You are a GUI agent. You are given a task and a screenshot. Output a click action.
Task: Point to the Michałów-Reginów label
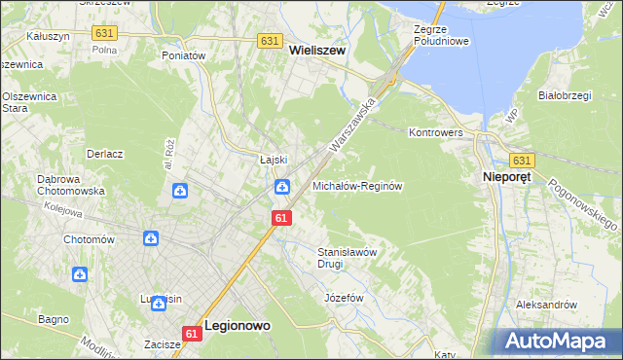click(x=357, y=185)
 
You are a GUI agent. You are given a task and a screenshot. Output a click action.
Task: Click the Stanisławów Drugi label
click(x=348, y=257)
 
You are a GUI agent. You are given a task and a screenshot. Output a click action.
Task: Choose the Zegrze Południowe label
click(x=441, y=36)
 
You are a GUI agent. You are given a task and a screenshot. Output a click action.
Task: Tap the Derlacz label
click(x=104, y=154)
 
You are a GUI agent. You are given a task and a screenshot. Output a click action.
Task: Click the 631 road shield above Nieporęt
click(x=521, y=160)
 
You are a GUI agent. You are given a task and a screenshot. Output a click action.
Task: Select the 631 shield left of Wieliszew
click(x=271, y=41)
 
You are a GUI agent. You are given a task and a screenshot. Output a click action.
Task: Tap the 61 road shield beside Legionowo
click(x=191, y=334)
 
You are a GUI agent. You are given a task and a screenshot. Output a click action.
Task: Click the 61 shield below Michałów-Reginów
click(x=280, y=219)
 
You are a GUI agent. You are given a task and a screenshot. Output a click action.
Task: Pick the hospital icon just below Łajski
click(x=281, y=187)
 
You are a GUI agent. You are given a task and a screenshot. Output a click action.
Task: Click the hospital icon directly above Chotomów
click(x=151, y=238)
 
